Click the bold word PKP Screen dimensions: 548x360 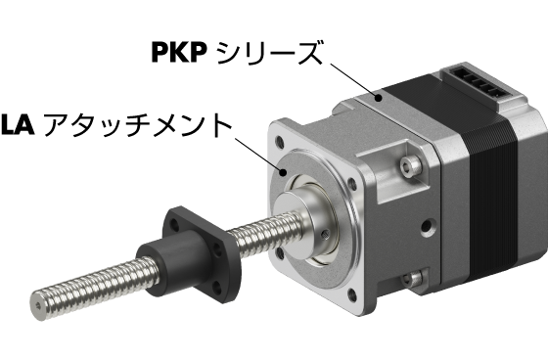[x=178, y=52]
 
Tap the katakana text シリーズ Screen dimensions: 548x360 [x=268, y=53]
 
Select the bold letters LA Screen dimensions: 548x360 [x=18, y=123]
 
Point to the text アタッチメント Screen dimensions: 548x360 [x=138, y=124]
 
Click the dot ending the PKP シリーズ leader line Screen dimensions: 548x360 [x=378, y=98]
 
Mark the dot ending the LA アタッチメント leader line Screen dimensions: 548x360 [x=283, y=171]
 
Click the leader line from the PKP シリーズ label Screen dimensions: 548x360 [x=353, y=80]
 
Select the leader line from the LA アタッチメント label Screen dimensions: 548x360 [x=258, y=155]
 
